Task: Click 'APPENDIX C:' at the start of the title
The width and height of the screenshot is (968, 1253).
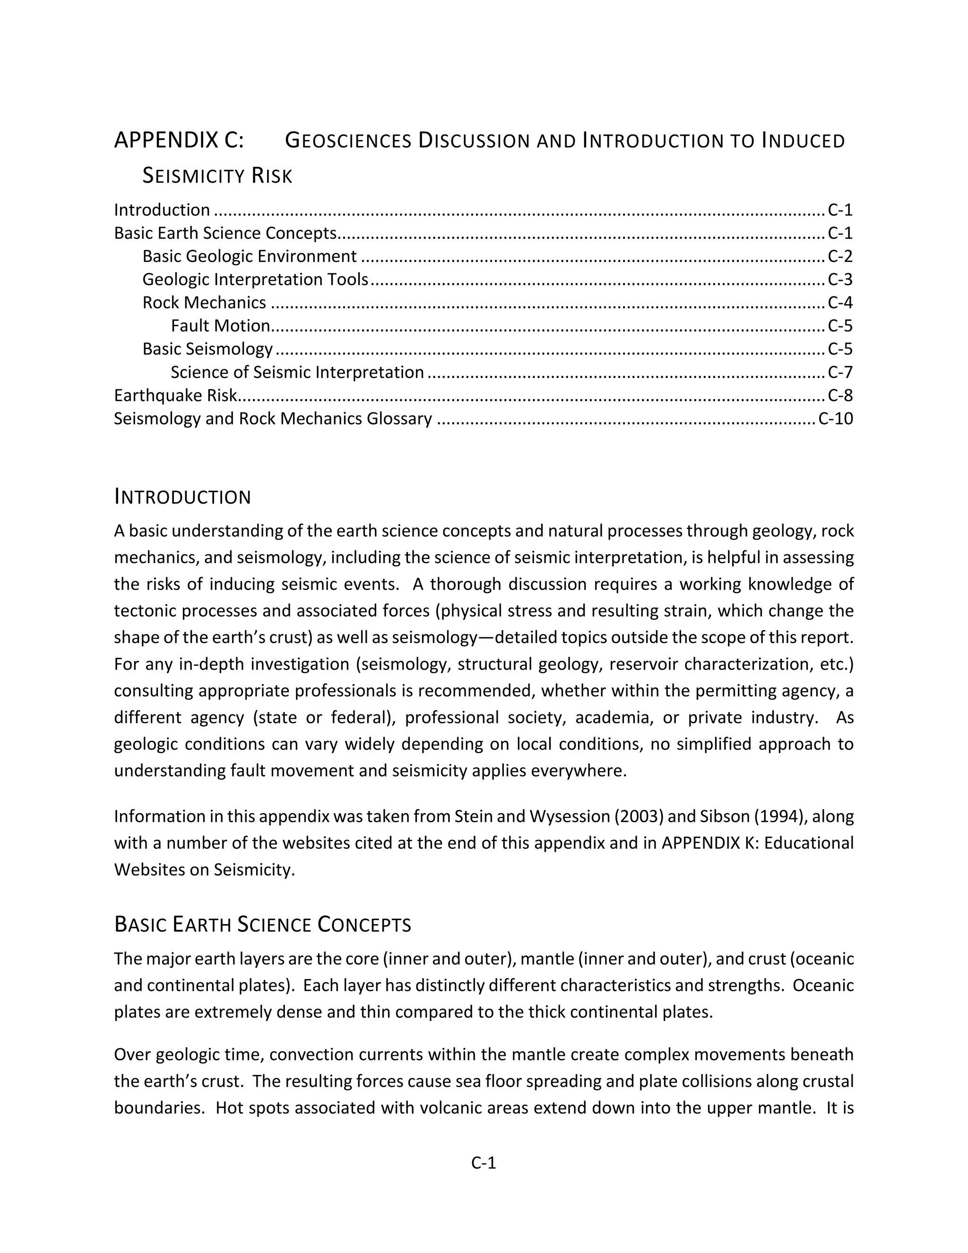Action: point(179,140)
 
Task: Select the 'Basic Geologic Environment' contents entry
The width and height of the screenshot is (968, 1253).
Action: point(250,256)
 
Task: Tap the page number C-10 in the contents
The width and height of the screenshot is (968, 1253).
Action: point(835,419)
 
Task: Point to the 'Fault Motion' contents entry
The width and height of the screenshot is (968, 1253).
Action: point(220,326)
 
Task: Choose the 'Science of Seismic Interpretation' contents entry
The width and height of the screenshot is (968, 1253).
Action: point(297,372)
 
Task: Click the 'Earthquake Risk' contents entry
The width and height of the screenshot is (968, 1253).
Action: point(175,396)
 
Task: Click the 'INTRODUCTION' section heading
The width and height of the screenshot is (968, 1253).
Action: point(182,497)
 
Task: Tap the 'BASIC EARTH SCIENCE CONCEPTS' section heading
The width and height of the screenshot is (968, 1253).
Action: point(263,925)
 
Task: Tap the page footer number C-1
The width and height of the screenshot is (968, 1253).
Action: point(484,1163)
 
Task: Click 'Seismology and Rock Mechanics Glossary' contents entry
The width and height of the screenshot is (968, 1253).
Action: point(273,419)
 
